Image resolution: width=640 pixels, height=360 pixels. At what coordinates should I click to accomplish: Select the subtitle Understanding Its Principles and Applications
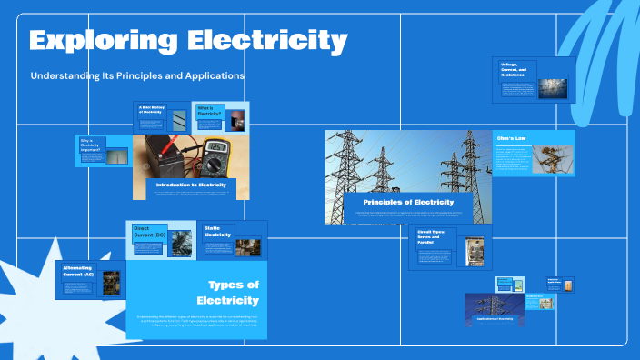(137, 75)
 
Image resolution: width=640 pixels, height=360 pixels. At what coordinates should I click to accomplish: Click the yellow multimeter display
(215, 146)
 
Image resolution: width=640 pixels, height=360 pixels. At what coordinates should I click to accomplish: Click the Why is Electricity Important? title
(90, 145)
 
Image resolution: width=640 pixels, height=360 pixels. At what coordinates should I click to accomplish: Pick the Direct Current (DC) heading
(149, 232)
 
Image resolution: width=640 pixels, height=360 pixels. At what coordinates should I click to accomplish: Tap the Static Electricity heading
(218, 232)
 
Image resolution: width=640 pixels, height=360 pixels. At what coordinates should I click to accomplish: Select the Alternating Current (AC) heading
(78, 272)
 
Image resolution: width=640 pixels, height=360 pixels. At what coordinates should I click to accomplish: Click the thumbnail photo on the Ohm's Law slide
(556, 155)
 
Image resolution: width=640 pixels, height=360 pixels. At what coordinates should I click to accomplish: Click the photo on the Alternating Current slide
(112, 282)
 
